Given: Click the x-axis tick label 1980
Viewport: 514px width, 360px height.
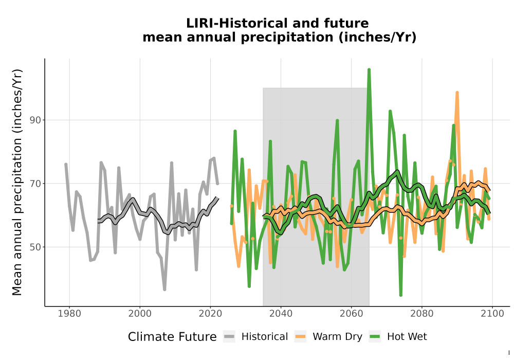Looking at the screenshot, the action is pos(69,314).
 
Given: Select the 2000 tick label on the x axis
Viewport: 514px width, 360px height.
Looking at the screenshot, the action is pos(140,314).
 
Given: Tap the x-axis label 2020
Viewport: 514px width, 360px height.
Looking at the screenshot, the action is pos(210,314).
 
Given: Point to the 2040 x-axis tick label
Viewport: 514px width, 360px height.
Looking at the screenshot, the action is pos(281,314).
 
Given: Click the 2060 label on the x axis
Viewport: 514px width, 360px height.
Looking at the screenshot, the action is pos(352,314).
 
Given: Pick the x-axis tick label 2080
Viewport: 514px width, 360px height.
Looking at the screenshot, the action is pos(422,314).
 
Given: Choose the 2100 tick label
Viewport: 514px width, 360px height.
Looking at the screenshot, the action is pos(492,314).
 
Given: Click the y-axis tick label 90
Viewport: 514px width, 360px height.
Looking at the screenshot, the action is pos(35,120).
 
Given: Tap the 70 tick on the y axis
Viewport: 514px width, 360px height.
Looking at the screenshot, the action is pos(35,184).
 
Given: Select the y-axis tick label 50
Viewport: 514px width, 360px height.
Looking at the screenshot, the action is pos(35,247).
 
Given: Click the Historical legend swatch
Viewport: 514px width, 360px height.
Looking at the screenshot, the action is pos(229,337).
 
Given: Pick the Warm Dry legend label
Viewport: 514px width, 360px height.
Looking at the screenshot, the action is pos(337,337).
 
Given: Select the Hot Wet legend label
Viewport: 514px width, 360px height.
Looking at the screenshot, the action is pos(407,337).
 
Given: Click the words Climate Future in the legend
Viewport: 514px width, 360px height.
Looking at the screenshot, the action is pos(172,337).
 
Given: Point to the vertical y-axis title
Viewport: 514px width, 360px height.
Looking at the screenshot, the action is pos(17,182).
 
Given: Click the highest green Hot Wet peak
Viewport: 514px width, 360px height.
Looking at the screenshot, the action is pos(369,70).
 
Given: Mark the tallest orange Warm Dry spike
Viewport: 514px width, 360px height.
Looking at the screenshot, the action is pos(457,93).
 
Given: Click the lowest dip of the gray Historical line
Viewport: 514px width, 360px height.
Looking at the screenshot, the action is pos(164,290).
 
